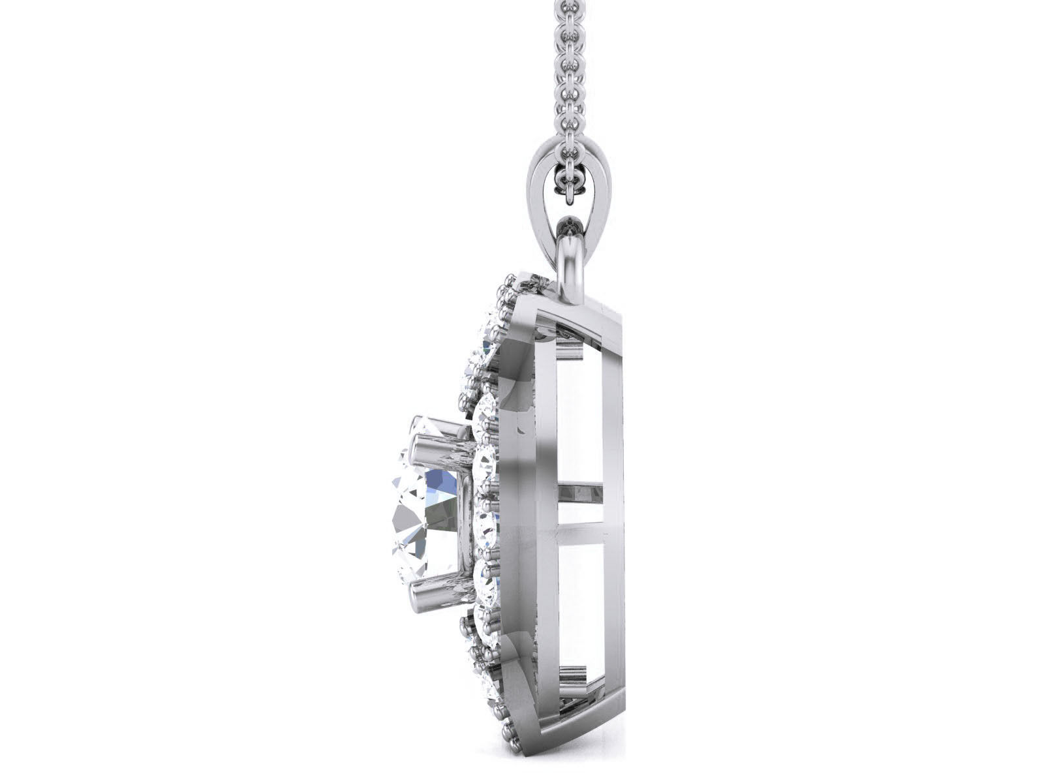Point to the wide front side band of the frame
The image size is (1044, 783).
(x=515, y=522)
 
